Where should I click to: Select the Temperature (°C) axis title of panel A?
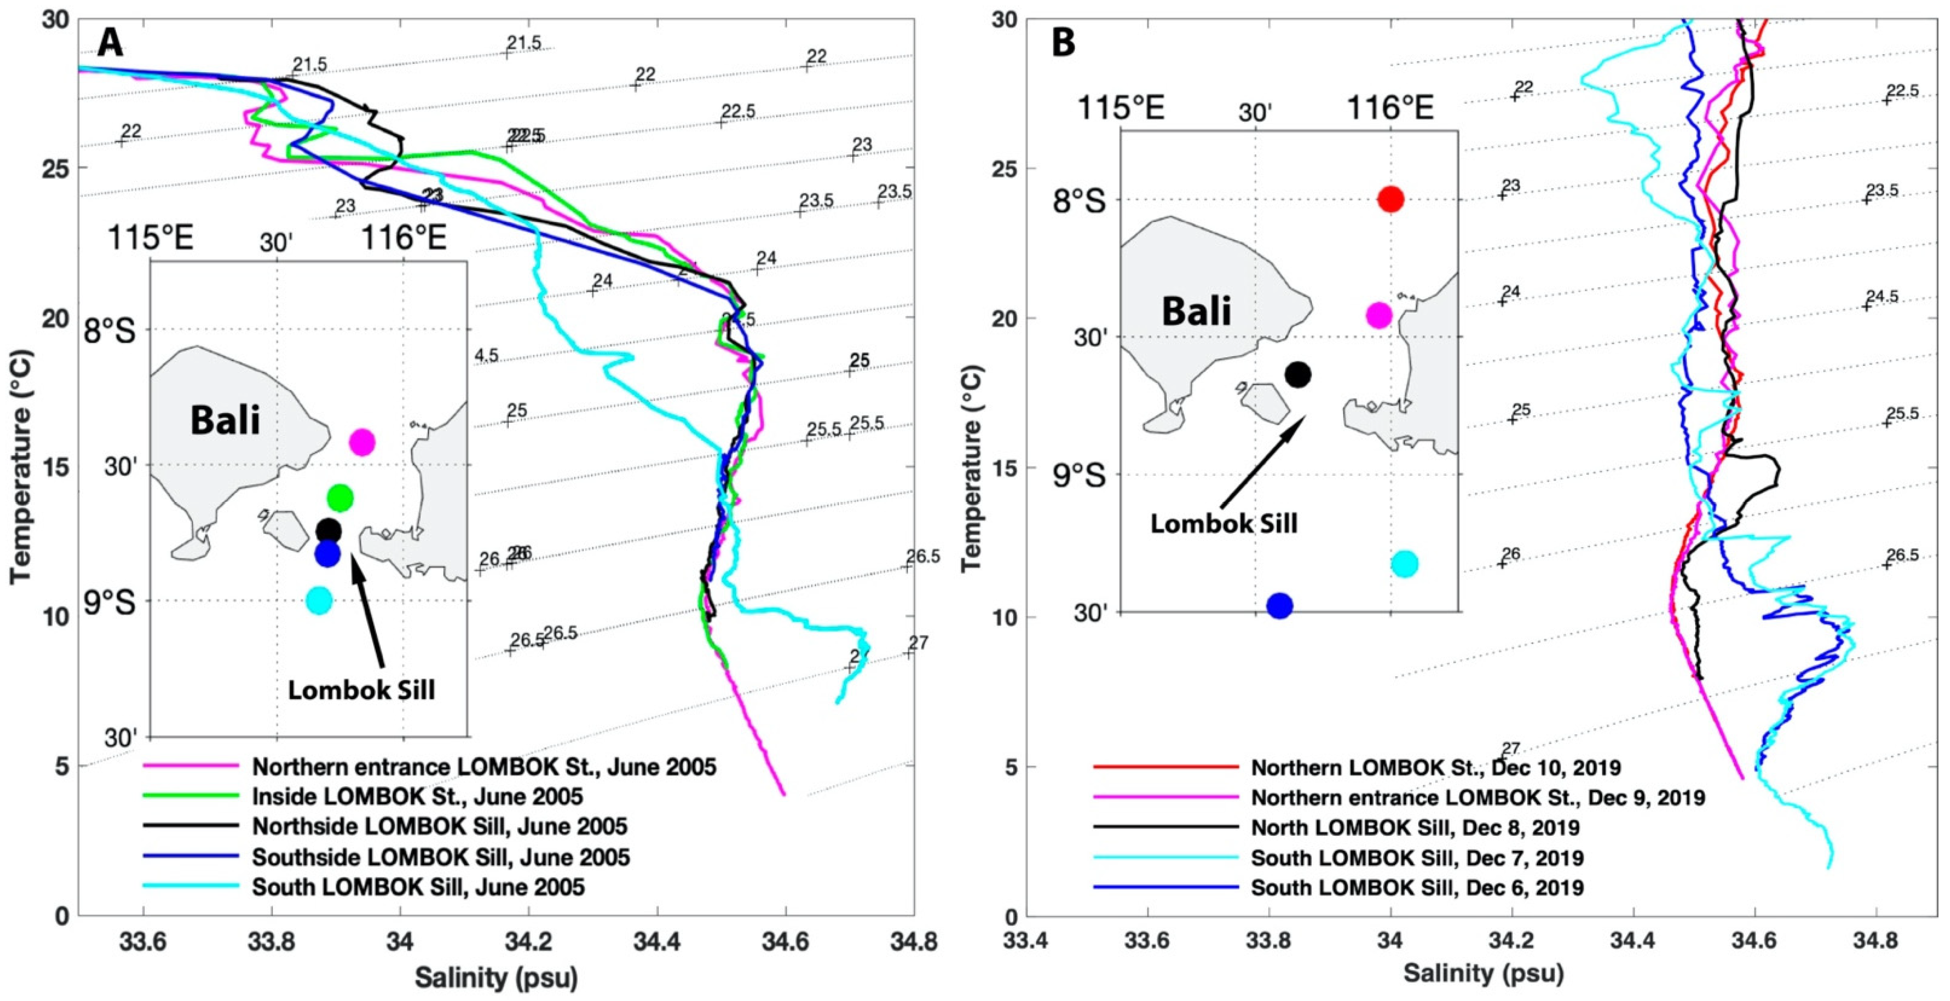21,467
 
